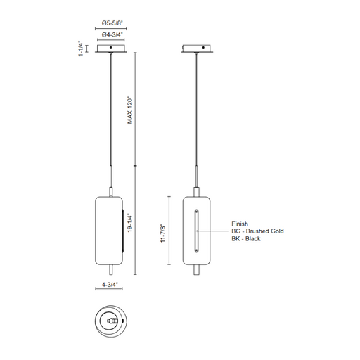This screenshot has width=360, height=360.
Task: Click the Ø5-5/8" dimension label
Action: pyautogui.click(x=112, y=23)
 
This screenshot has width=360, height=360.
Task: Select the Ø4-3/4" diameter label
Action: pyautogui.click(x=112, y=34)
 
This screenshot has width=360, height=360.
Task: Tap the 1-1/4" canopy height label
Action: pyautogui.click(x=81, y=49)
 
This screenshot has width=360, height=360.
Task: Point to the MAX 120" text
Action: pyautogui.click(x=130, y=110)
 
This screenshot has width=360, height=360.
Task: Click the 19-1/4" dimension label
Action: pyautogui.click(x=130, y=223)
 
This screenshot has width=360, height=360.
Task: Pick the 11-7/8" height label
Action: pyautogui.click(x=163, y=233)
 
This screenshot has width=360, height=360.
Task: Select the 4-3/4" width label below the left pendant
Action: pyautogui.click(x=109, y=285)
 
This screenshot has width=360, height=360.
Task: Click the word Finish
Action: pyautogui.click(x=240, y=224)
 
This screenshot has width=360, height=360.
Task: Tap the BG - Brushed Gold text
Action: pyautogui.click(x=257, y=231)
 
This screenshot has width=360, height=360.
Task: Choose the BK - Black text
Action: pyautogui.click(x=246, y=238)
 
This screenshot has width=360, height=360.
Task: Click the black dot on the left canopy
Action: pyautogui.click(x=111, y=47)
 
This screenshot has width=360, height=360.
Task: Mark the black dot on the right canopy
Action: pyautogui.click(x=203, y=47)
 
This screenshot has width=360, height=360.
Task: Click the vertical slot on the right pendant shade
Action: pyautogui.click(x=196, y=231)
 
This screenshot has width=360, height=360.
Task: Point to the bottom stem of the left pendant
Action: pyautogui.click(x=111, y=269)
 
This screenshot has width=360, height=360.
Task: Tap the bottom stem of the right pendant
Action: pyautogui.click(x=196, y=269)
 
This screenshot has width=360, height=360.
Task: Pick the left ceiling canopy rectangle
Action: pyautogui.click(x=111, y=49)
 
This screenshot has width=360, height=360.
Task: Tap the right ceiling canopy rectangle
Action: pyautogui.click(x=197, y=49)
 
